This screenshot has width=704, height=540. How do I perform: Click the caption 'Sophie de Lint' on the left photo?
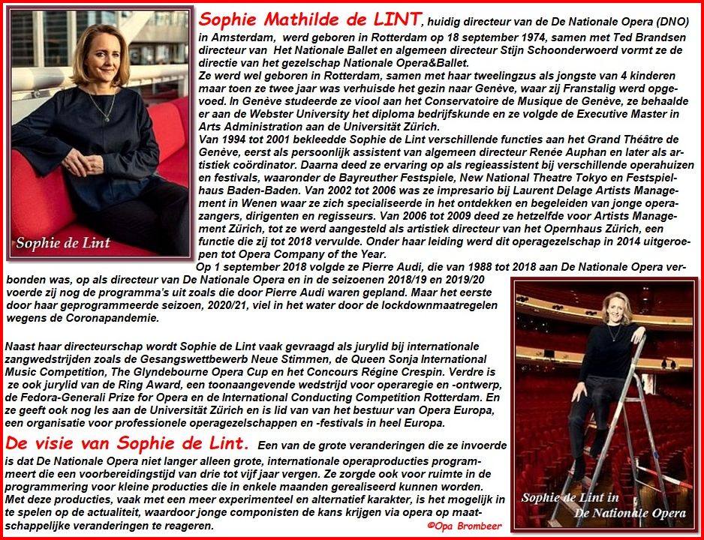point(63,242)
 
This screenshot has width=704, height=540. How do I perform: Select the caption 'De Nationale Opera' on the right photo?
point(630,513)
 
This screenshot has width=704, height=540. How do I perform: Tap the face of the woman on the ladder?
point(621,306)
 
